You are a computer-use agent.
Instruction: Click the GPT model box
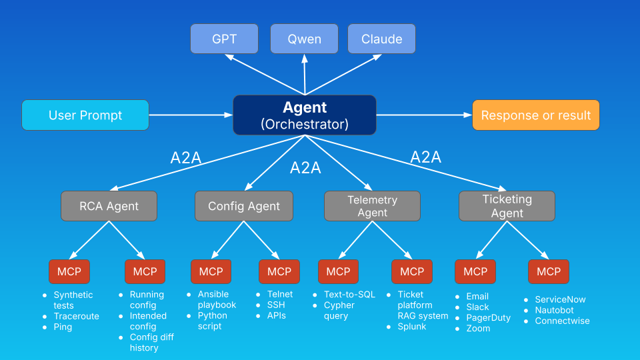click(x=224, y=39)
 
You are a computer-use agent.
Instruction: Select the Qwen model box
click(x=304, y=39)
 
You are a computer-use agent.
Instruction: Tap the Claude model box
click(x=381, y=39)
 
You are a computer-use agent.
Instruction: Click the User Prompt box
click(x=85, y=115)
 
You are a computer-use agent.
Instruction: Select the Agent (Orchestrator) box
click(x=305, y=115)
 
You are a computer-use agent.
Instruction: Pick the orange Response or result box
click(x=536, y=115)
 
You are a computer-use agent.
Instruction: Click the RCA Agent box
click(x=109, y=206)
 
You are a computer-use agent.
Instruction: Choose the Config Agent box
click(x=244, y=206)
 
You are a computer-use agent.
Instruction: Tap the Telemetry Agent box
click(x=372, y=206)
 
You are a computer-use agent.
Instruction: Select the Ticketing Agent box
click(x=507, y=206)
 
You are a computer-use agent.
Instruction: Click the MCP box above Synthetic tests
click(x=69, y=271)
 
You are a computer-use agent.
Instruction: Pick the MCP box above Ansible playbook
click(x=211, y=271)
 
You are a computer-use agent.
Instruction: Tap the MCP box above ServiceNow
click(x=549, y=271)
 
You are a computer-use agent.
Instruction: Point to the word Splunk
click(x=412, y=327)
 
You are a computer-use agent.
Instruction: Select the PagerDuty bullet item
click(x=489, y=318)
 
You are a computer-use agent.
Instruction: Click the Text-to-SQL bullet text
click(x=349, y=295)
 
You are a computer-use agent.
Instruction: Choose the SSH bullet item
click(x=276, y=305)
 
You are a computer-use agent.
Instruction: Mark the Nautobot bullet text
click(x=554, y=310)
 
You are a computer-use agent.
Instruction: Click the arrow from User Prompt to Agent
click(x=190, y=115)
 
